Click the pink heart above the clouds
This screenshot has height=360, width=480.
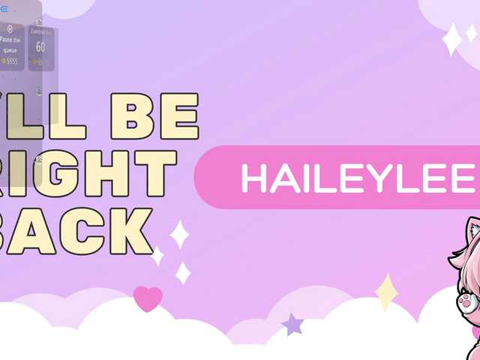point(148,298)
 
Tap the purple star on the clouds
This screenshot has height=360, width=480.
point(292,324)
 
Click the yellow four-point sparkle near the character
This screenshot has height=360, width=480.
point(386,292)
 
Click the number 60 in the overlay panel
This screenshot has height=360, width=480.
point(40,47)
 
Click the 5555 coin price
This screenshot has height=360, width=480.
point(10,61)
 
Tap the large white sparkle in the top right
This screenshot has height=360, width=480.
point(451,39)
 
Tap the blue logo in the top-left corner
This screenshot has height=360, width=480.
point(4,8)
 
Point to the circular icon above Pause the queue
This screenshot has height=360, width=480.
point(10,28)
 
